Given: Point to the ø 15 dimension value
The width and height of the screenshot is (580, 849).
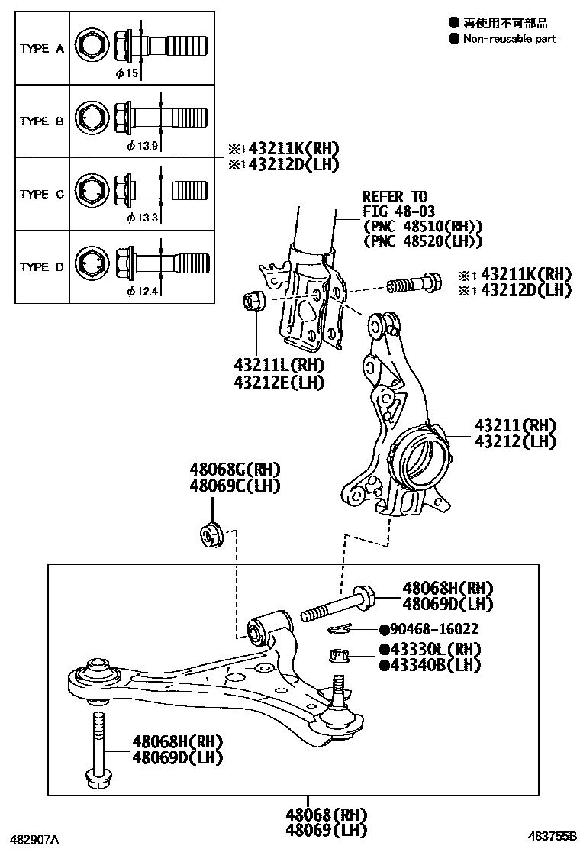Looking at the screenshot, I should point(127,73).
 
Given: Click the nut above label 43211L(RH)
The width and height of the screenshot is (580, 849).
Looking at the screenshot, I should point(253,301).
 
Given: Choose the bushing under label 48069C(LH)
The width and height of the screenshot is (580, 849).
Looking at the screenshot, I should point(210,531).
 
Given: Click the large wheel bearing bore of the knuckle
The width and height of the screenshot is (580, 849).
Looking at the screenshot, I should point(420,459).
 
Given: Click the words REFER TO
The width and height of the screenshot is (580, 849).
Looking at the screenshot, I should point(395,196).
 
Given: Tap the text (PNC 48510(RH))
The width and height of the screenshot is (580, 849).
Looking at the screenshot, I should point(423,226).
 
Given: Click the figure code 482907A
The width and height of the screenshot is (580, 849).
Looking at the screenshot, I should point(34,838).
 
